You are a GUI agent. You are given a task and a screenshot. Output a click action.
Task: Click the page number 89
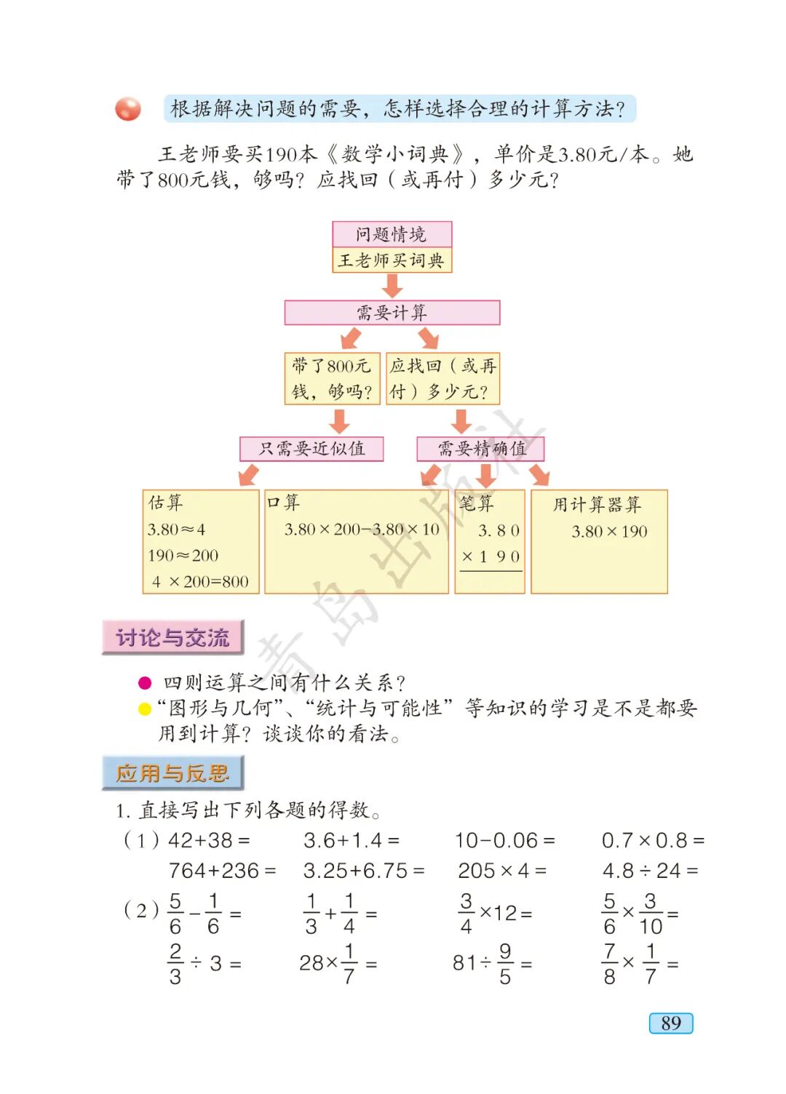pyautogui.click(x=670, y=1023)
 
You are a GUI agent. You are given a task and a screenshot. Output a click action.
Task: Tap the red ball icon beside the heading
pyautogui.click(x=128, y=109)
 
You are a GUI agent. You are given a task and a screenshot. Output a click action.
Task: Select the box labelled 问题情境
pyautogui.click(x=392, y=234)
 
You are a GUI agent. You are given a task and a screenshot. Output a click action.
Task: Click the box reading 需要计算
pyautogui.click(x=392, y=313)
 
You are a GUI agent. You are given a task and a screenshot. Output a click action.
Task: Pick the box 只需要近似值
pyautogui.click(x=311, y=449)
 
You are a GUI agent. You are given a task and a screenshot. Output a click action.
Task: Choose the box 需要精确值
pyautogui.click(x=481, y=449)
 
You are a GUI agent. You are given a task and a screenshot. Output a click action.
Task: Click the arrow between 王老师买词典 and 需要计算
pyautogui.click(x=392, y=286)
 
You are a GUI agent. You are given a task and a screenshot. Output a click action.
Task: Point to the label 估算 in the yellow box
pyautogui.click(x=166, y=503)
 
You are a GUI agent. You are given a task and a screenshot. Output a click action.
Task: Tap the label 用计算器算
pyautogui.click(x=597, y=505)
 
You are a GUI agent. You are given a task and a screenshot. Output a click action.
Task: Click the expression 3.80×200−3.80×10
pyautogui.click(x=362, y=530)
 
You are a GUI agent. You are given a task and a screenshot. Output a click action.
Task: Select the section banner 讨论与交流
pyautogui.click(x=172, y=638)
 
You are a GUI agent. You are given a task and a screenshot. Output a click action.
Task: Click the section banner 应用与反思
pyautogui.click(x=172, y=773)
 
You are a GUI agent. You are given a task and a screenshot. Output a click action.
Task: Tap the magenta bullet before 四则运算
pyautogui.click(x=145, y=683)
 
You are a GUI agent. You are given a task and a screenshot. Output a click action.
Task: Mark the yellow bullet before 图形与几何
pyautogui.click(x=145, y=709)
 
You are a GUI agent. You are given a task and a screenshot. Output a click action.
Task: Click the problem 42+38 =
pyautogui.click(x=209, y=841)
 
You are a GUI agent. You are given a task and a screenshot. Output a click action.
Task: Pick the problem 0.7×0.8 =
pyautogui.click(x=652, y=841)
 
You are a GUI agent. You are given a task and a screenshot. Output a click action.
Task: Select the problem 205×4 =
pyautogui.click(x=501, y=871)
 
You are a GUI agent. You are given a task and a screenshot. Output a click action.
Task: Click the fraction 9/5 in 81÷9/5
pyautogui.click(x=505, y=964)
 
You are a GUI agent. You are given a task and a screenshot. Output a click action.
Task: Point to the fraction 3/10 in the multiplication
pyautogui.click(x=651, y=914)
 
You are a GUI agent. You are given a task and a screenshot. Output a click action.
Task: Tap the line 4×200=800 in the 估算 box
pyautogui.click(x=200, y=582)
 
